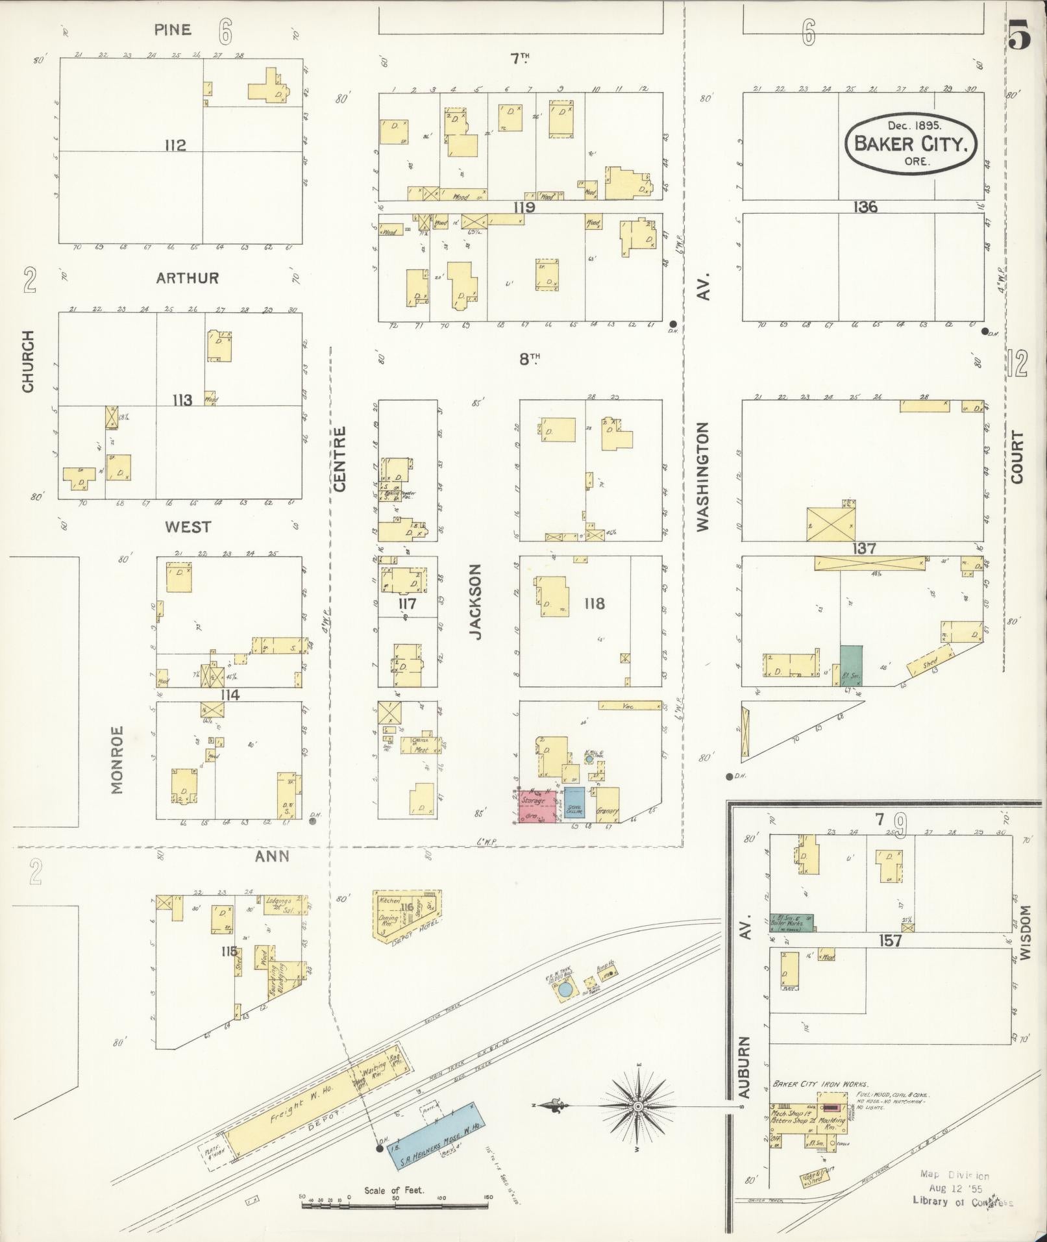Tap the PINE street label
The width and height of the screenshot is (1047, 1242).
(x=173, y=29)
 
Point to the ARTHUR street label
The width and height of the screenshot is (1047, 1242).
(x=187, y=278)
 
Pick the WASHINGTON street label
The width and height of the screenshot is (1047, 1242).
(x=704, y=476)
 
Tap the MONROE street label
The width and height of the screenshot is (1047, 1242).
(x=117, y=760)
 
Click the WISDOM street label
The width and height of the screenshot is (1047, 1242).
(x=1026, y=933)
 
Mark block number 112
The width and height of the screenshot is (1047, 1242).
(x=175, y=145)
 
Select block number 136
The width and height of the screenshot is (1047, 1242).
(x=865, y=207)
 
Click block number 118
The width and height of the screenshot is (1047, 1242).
(x=594, y=604)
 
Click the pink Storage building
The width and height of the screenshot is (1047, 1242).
(x=537, y=806)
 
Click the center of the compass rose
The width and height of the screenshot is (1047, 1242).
(x=639, y=1106)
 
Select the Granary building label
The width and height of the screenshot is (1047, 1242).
(x=608, y=812)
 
